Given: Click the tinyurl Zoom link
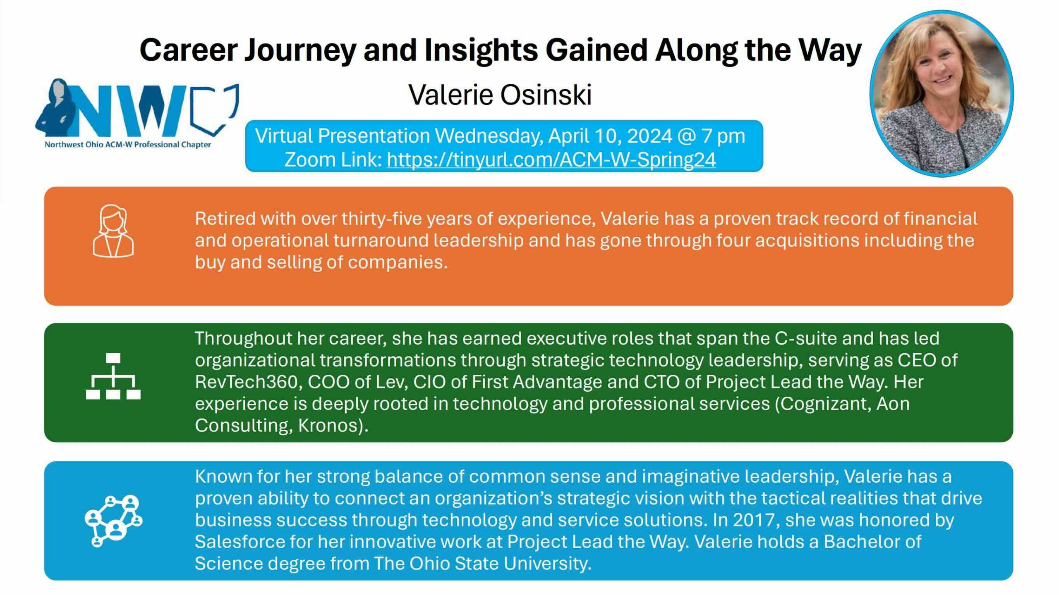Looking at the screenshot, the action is click(x=551, y=160).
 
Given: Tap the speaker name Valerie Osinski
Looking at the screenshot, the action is click(x=500, y=95).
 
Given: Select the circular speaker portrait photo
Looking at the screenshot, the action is click(x=942, y=93).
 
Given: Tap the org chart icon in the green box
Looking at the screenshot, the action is click(x=113, y=376).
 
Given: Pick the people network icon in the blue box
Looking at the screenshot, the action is click(x=113, y=521).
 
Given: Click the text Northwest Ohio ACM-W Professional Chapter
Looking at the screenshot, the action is click(x=128, y=145).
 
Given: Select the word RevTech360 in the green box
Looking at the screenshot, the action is click(x=247, y=382).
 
